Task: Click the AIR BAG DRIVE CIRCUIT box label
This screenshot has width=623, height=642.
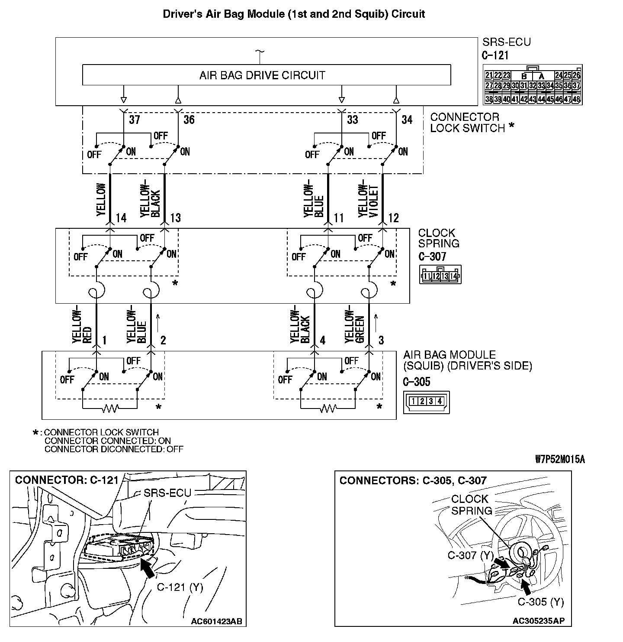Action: [262, 75]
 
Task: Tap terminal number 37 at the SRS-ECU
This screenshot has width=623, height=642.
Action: [135, 120]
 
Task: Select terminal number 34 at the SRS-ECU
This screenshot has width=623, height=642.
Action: [407, 120]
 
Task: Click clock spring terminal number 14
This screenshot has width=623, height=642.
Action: [121, 218]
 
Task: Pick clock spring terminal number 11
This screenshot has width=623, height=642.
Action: [339, 218]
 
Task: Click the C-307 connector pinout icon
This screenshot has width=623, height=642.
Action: [440, 275]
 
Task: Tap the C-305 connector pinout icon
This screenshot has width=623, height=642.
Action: [426, 402]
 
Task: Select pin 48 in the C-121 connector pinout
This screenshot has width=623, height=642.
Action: [576, 99]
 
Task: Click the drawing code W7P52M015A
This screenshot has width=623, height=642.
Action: [559, 460]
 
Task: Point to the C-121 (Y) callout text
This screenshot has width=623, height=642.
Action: [180, 587]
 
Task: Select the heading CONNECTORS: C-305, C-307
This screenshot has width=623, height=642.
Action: [413, 480]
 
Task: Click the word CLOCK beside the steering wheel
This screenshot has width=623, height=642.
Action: [469, 499]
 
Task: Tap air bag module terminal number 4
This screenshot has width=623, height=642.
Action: [322, 341]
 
